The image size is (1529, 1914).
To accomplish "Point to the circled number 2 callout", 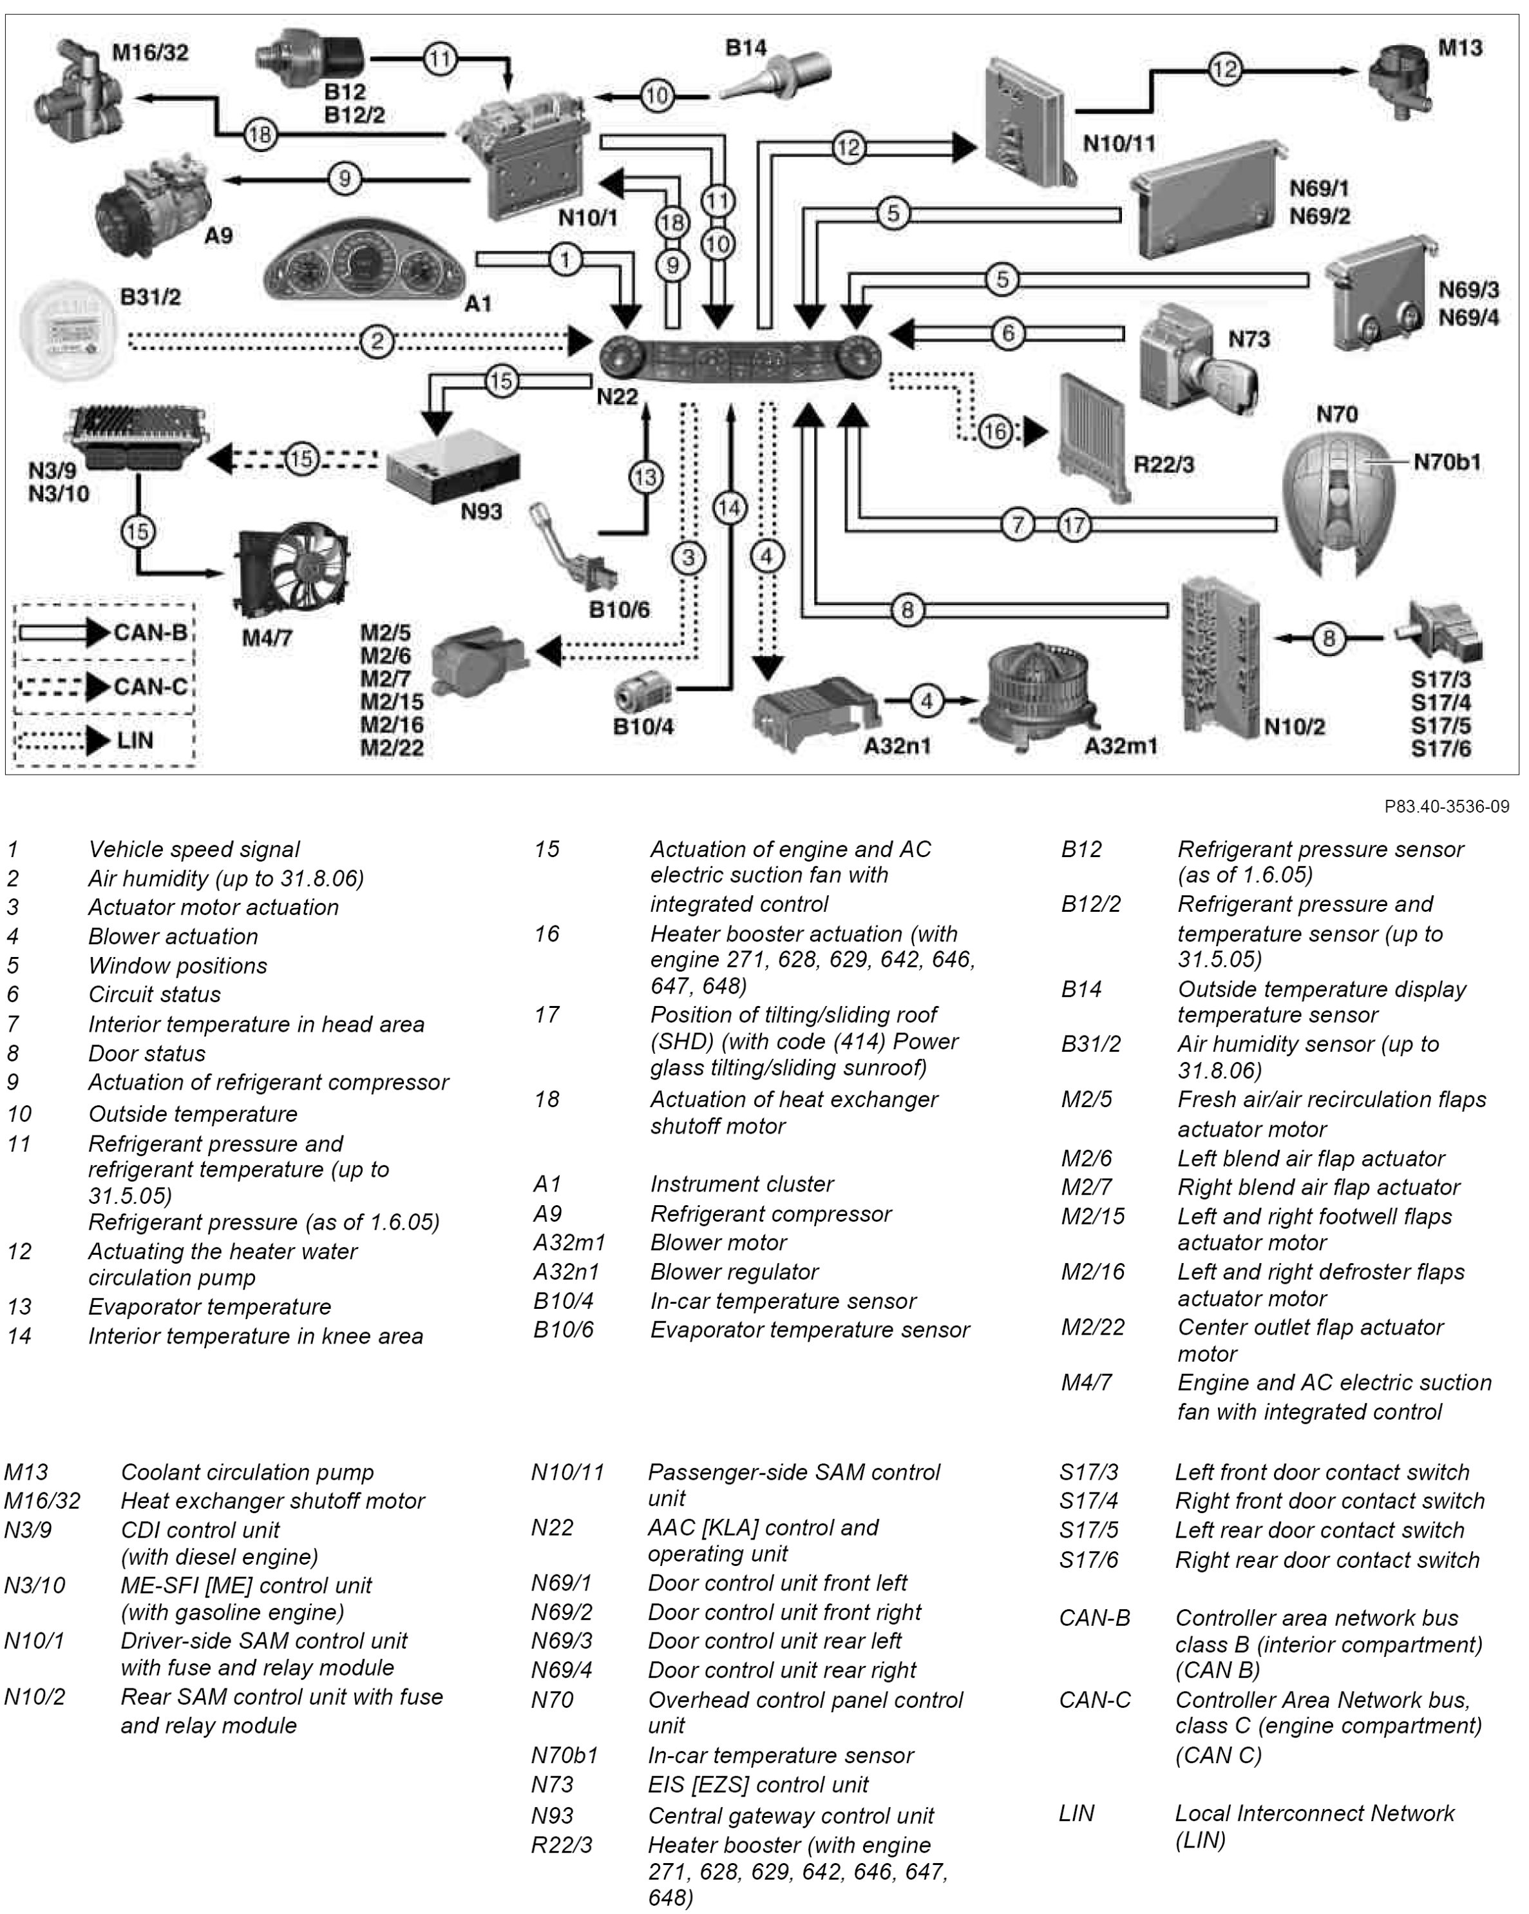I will pos(377,341).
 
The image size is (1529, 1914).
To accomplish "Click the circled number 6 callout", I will pos(1008,334).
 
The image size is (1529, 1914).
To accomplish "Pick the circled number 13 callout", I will pos(645,478).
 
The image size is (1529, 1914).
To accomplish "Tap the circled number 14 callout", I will pos(730,508).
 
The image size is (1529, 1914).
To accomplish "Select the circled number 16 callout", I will pos(996,431).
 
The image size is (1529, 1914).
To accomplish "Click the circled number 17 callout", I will pos(1074,525).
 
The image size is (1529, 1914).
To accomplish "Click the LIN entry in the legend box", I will pos(105,740).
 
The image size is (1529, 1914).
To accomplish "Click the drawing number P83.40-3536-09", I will pos(1447,806).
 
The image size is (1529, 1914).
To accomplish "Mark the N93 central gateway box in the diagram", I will pos(453,466).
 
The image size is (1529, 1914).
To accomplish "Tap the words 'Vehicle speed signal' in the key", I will pos(193,849).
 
